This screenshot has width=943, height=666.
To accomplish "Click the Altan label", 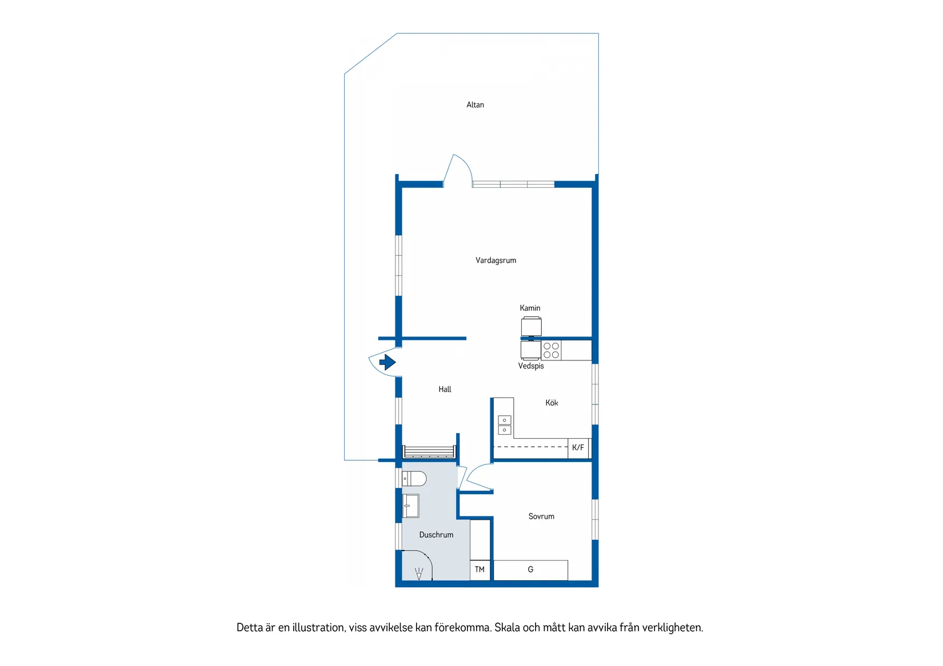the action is coord(475,105).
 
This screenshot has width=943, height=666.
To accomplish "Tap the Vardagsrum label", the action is coord(496,260).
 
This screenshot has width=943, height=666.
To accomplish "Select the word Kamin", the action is coord(530,308).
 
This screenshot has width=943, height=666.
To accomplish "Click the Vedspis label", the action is coord(531,366).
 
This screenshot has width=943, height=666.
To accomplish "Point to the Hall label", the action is coord(445,389).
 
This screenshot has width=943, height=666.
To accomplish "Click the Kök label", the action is coord(552,403).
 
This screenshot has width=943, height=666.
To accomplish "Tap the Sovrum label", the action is coord(541,516).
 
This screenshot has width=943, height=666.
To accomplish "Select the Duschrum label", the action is coord(436,535).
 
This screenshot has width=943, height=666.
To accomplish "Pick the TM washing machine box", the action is coord(480,570).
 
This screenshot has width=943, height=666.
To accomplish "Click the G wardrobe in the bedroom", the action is coord(530,570).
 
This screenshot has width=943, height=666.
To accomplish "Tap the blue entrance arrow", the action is coord(387,362).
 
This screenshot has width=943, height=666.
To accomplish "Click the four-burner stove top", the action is coord(551,350).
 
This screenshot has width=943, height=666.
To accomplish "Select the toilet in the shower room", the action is coord(414,479).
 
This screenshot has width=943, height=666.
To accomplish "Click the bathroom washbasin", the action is coord(410,505).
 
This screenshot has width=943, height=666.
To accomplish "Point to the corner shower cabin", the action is coord(417,565).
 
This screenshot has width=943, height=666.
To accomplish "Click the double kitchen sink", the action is coord(504,425).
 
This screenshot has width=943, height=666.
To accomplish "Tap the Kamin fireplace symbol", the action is coord(532,327).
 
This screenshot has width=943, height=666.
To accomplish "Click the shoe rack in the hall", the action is coord(429,451).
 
